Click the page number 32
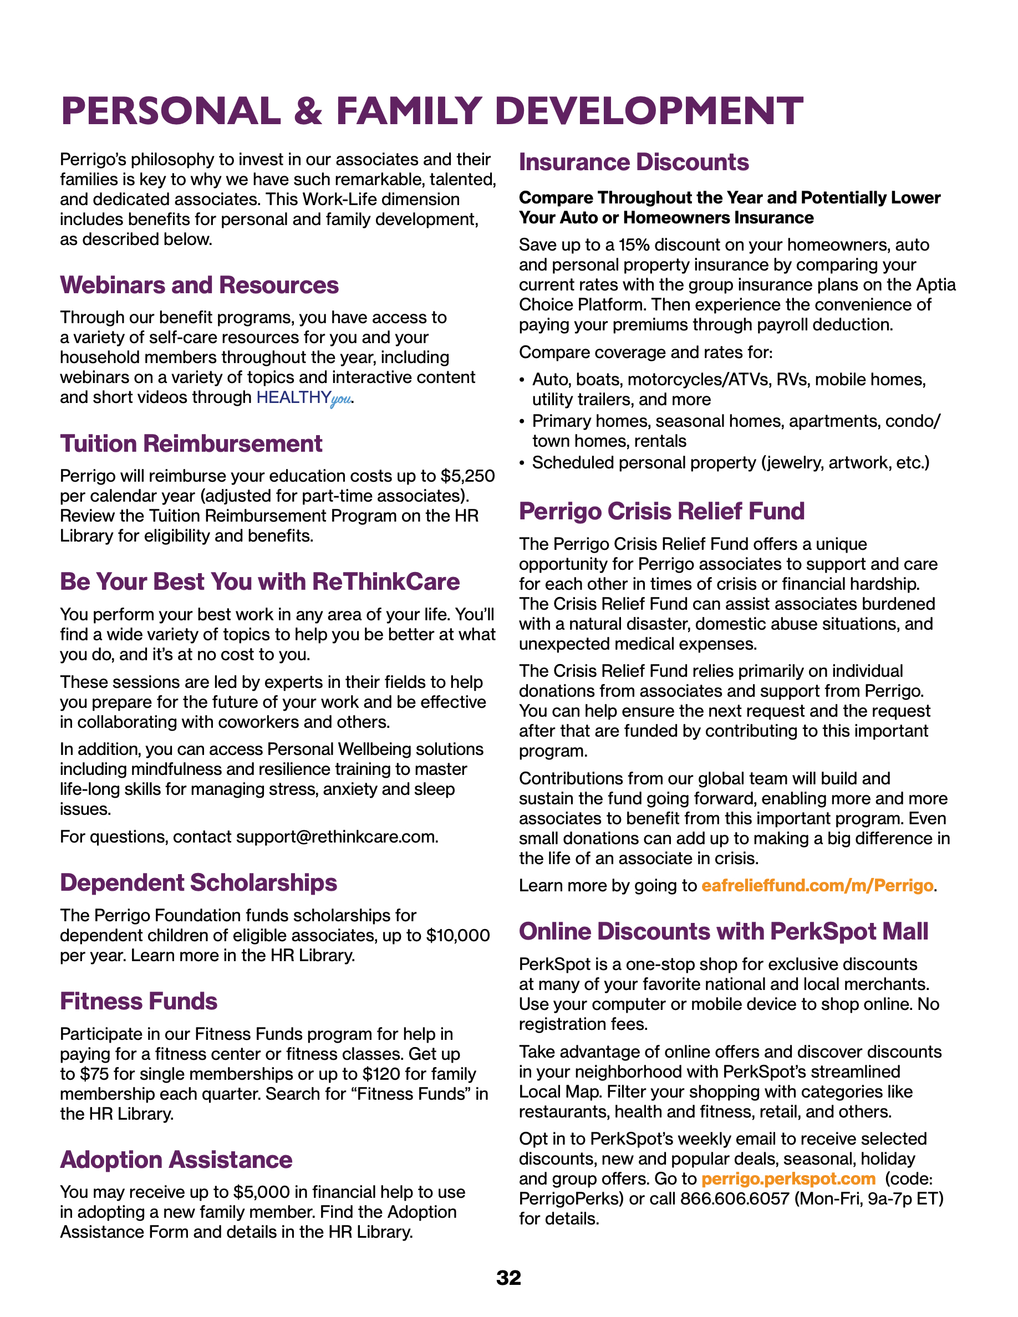(x=508, y=1278)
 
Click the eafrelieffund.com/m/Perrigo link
(x=817, y=885)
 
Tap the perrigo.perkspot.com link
(x=788, y=1178)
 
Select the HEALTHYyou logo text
(x=303, y=398)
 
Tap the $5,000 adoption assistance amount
(x=263, y=1192)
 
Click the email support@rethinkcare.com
(x=337, y=837)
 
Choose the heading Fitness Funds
(x=138, y=1002)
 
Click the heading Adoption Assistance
(x=176, y=1160)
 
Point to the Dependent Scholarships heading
(x=198, y=883)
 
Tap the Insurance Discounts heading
(x=634, y=162)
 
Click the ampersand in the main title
(x=308, y=111)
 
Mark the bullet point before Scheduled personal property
(x=522, y=463)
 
